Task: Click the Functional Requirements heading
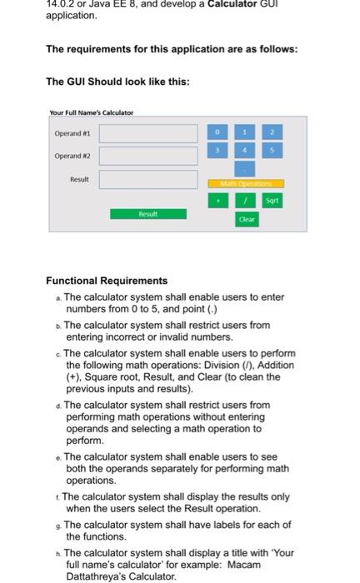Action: point(107,281)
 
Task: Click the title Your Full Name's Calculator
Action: point(92,112)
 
